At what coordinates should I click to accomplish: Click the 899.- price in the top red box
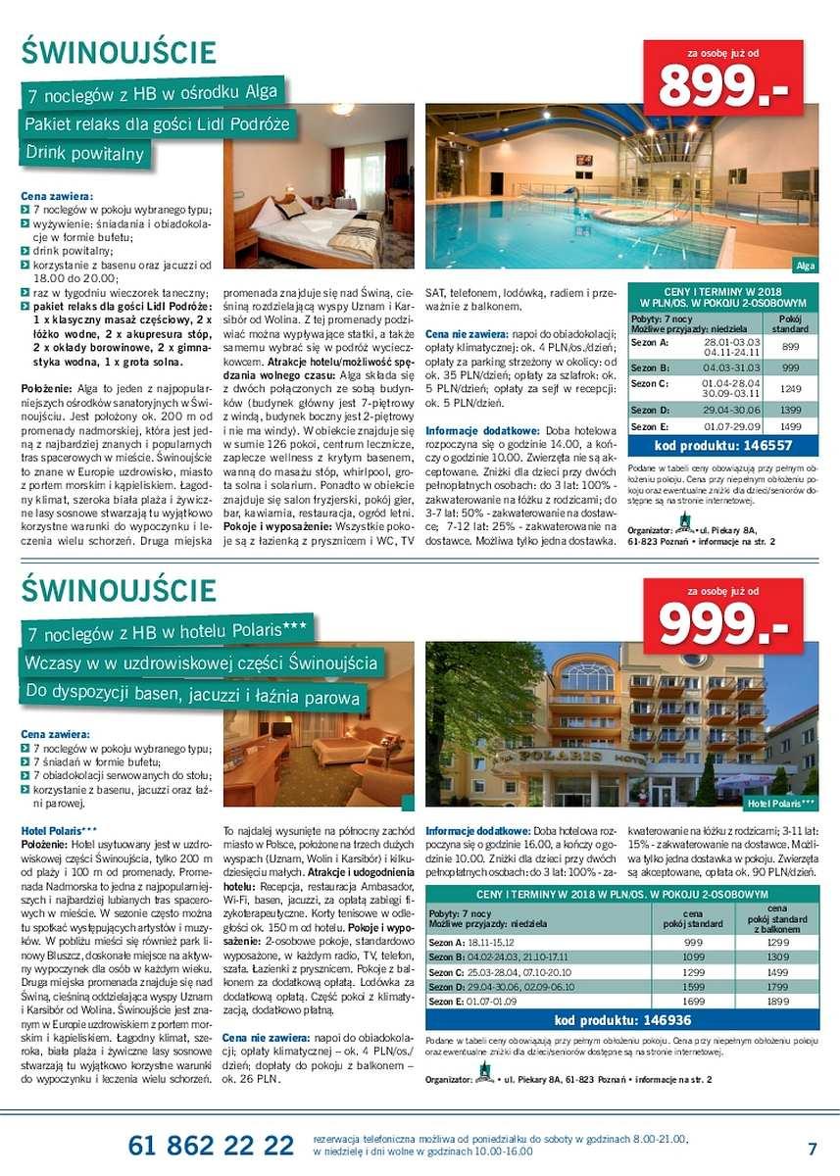723,85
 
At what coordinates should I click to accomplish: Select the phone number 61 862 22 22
211,1145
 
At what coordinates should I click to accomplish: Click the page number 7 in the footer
813,1148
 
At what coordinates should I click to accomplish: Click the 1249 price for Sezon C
790,389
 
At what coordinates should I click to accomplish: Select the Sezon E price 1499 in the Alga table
790,426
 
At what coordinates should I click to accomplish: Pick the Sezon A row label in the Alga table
650,343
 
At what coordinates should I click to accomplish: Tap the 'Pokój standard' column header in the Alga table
790,324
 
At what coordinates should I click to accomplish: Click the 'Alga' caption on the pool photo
806,266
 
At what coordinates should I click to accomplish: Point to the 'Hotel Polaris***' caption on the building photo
779,804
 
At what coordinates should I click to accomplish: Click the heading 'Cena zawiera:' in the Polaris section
55,733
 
